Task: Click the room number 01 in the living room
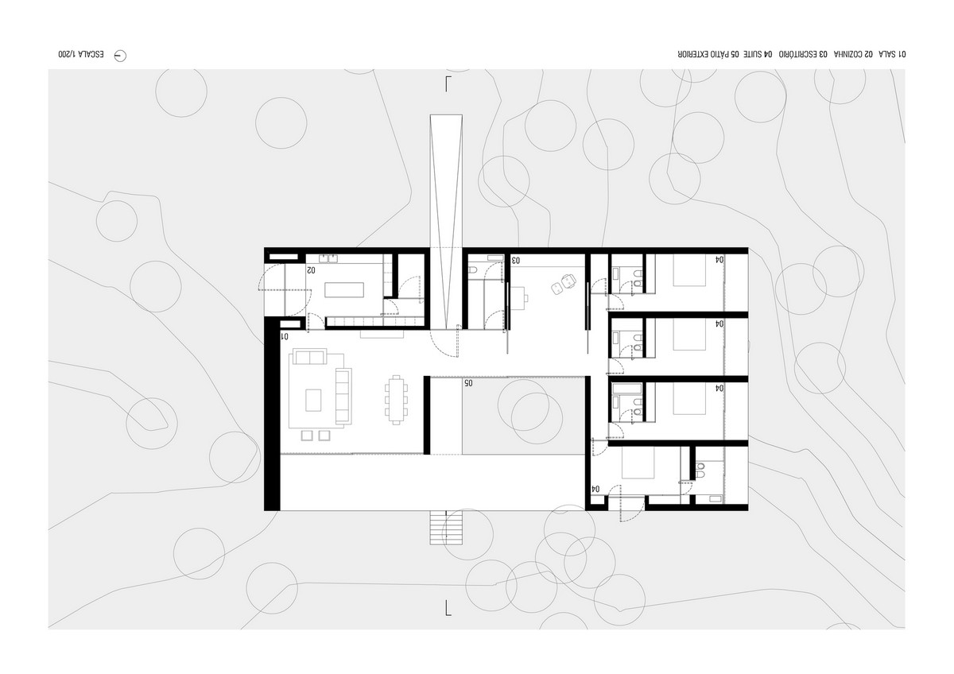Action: pos(285,336)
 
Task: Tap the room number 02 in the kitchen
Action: pos(311,270)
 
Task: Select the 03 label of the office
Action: pos(515,260)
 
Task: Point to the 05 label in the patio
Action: pos(468,383)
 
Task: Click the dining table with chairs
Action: pos(397,400)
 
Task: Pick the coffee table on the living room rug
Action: pos(313,401)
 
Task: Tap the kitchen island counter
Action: pos(344,290)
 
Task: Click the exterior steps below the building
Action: pos(446,528)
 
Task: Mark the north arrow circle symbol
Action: pos(120,56)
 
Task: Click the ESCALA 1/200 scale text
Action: pos(81,55)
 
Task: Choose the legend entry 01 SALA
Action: pos(891,55)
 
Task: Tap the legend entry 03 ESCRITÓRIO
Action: pos(803,55)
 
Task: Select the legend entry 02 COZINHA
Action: pos(852,55)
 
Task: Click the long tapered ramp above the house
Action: pos(446,222)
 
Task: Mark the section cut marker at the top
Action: pos(448,84)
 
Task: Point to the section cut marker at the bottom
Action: pos(448,608)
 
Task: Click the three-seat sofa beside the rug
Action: pos(343,397)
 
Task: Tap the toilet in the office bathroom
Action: pos(473,270)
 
